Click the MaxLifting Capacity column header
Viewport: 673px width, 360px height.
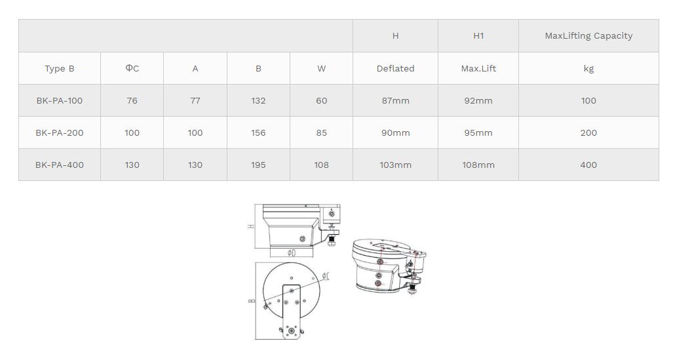[588, 36]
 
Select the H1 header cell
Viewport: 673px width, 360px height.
[478, 36]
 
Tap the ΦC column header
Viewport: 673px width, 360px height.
[132, 68]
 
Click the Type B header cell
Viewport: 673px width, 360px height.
[60, 68]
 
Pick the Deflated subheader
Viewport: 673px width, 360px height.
[395, 68]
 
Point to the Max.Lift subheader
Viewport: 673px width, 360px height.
[478, 68]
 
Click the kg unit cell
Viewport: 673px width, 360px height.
[588, 68]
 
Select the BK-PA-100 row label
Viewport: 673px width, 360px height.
[60, 100]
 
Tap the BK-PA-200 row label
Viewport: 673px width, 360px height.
[60, 132]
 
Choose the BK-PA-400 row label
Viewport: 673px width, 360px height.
[60, 165]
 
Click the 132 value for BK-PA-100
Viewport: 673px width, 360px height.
[258, 100]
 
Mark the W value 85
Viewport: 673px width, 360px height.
[321, 132]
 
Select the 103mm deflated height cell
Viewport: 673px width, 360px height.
[395, 165]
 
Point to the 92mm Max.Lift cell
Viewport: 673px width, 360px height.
[478, 100]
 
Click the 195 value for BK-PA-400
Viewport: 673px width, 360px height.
[258, 165]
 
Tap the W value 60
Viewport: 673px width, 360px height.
[321, 100]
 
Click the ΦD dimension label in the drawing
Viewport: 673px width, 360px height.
[292, 253]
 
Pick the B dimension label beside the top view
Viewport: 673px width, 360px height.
[252, 301]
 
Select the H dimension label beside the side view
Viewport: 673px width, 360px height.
[251, 226]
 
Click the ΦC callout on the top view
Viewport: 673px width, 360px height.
[326, 277]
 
